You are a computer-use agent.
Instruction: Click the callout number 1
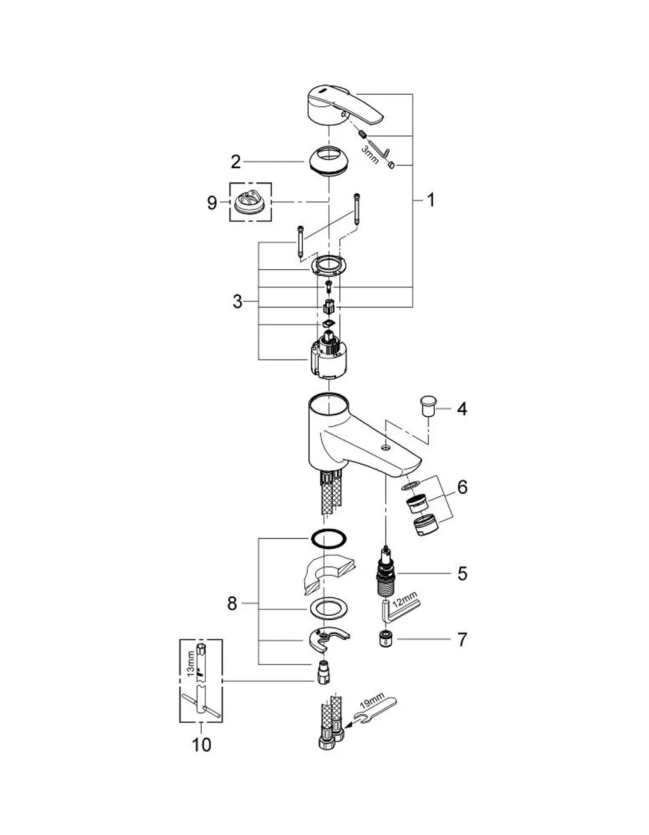(x=431, y=200)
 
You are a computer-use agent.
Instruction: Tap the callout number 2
(x=236, y=162)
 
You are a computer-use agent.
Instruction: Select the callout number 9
(x=212, y=202)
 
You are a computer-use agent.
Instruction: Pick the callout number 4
(x=462, y=409)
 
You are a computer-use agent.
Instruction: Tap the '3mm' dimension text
(x=370, y=154)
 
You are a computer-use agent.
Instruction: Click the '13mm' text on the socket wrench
(x=190, y=664)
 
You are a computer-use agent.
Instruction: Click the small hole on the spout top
(x=386, y=448)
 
